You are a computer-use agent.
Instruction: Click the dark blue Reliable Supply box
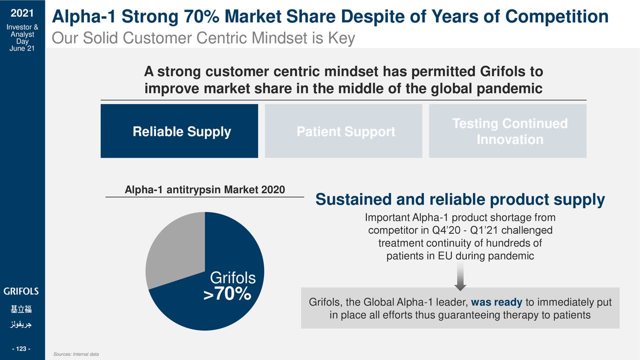[179, 131]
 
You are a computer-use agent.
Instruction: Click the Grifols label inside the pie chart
[232, 278]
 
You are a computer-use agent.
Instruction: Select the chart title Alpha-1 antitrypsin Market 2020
[204, 190]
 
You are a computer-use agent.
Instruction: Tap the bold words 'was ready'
[496, 303]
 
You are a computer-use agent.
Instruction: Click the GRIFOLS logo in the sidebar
[21, 291]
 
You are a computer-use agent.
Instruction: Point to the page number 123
[21, 348]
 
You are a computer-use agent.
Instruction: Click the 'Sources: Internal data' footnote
[75, 354]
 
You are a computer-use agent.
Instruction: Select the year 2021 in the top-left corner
[20, 13]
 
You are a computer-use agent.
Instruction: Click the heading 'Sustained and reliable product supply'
[460, 200]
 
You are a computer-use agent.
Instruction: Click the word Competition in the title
[556, 17]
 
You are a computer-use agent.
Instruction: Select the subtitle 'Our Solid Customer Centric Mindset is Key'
[203, 38]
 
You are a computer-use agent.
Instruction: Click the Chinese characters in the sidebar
[21, 309]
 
